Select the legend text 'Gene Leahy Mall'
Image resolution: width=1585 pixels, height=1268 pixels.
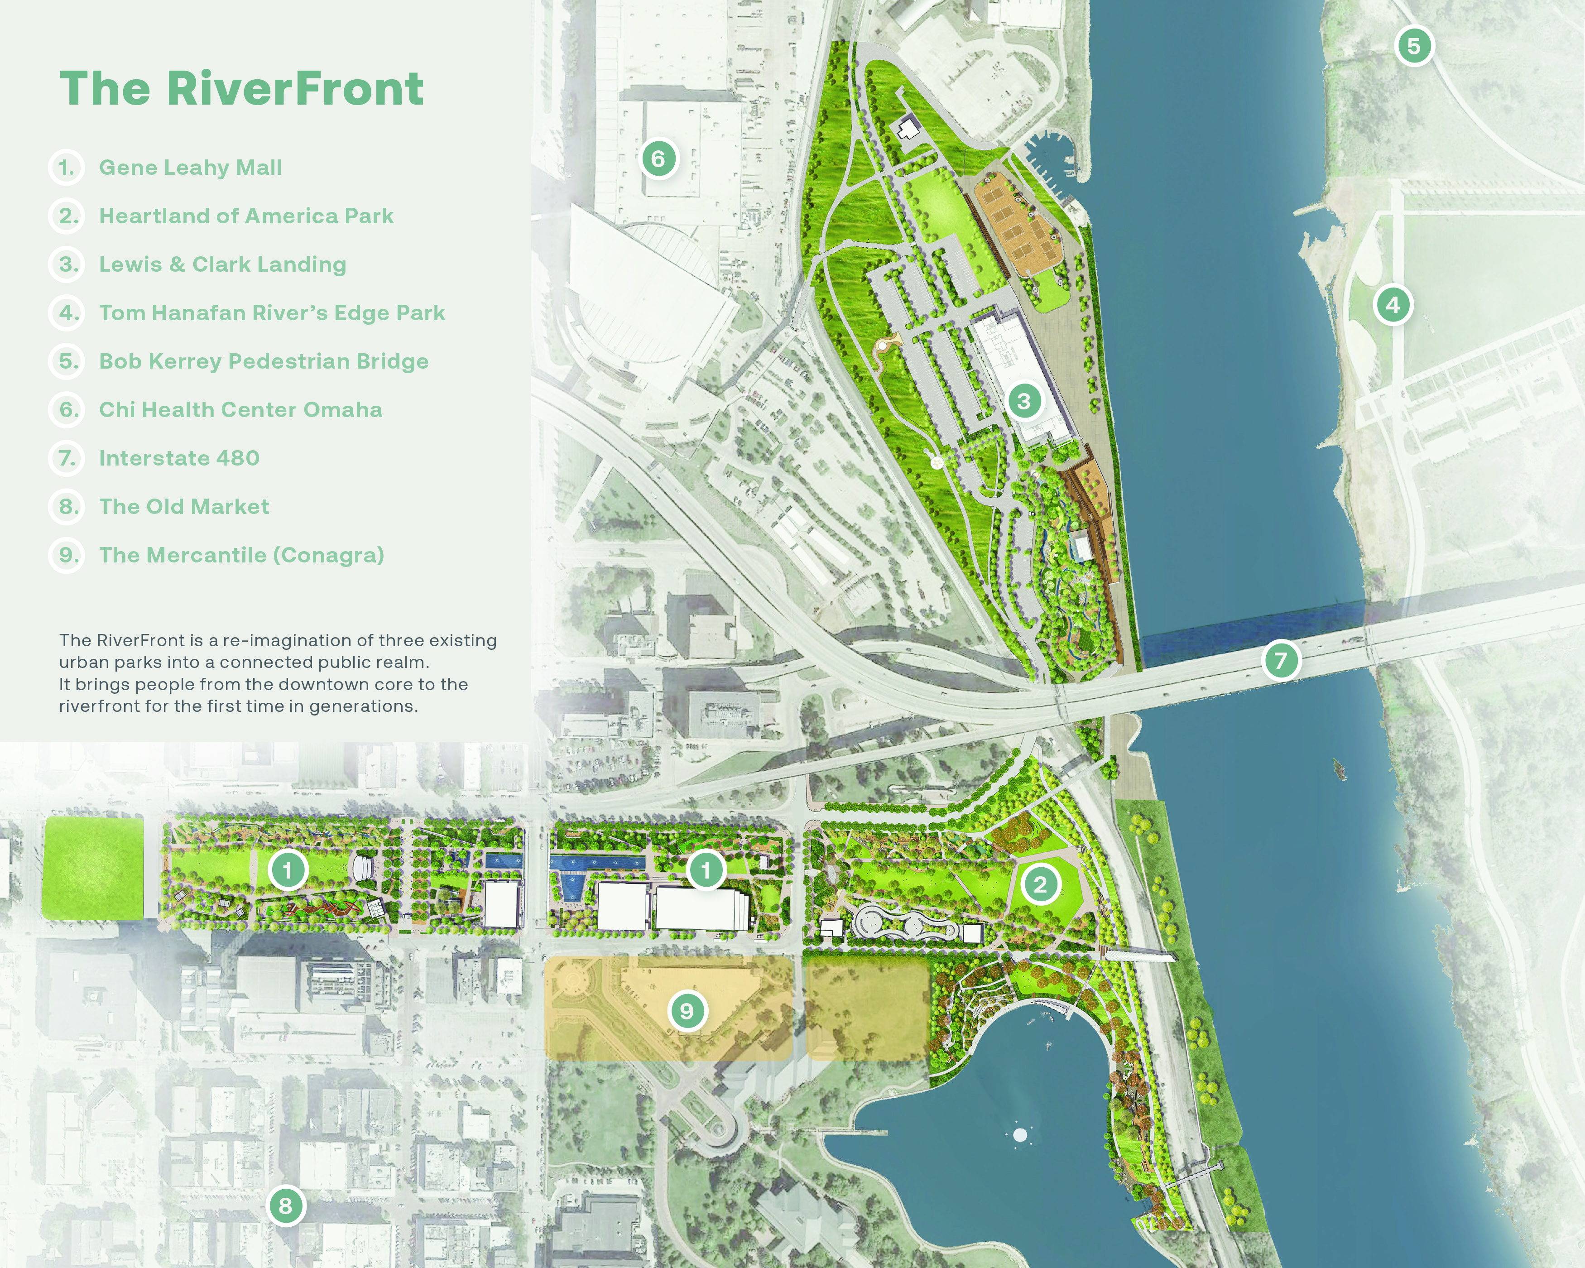pyautogui.click(x=190, y=168)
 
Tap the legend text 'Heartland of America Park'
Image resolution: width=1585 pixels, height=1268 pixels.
pyautogui.click(x=246, y=216)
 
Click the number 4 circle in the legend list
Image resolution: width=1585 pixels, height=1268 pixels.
pyautogui.click(x=67, y=313)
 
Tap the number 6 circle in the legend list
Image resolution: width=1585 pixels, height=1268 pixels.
pyautogui.click(x=67, y=410)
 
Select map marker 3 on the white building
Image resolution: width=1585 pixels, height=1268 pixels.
pyautogui.click(x=1023, y=401)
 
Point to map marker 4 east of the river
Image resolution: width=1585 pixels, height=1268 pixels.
pyautogui.click(x=1393, y=304)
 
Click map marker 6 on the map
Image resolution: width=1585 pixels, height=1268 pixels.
pyautogui.click(x=658, y=159)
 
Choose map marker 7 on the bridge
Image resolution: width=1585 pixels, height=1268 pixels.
pyautogui.click(x=1281, y=660)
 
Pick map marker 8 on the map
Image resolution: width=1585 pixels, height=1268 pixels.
pyautogui.click(x=285, y=1206)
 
